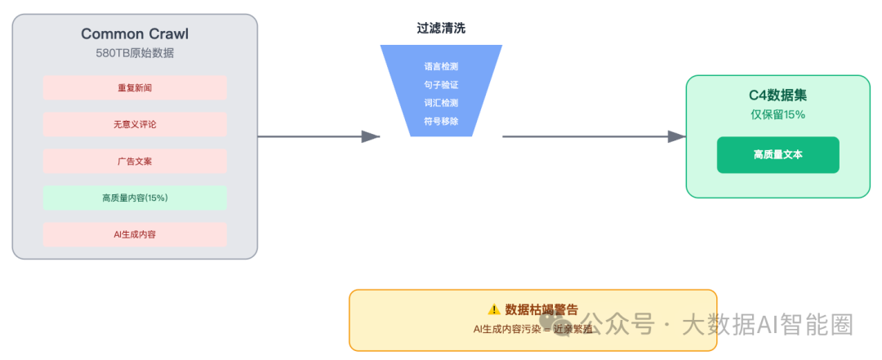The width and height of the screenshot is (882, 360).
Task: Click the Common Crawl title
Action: pyautogui.click(x=135, y=33)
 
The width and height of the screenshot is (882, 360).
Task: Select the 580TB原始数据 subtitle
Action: pyautogui.click(x=135, y=53)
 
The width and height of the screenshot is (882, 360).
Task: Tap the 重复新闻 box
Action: pyautogui.click(x=135, y=88)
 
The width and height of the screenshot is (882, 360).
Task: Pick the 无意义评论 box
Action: pyautogui.click(x=135, y=125)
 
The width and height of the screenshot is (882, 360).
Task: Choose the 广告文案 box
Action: pyautogui.click(x=135, y=162)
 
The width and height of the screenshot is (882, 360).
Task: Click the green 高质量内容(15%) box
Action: pyautogui.click(x=135, y=198)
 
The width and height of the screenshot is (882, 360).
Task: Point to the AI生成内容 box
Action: pyautogui.click(x=135, y=234)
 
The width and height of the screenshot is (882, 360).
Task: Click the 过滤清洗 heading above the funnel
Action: pyautogui.click(x=441, y=28)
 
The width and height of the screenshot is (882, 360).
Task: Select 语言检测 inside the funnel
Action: pyautogui.click(x=441, y=67)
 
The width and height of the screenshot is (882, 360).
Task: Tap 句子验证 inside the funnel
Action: pyautogui.click(x=441, y=85)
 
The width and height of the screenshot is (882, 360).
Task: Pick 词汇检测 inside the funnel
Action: pyautogui.click(x=441, y=103)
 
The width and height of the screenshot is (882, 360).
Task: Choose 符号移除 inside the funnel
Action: pyautogui.click(x=441, y=121)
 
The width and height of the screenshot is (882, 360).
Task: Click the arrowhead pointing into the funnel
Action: pyautogui.click(x=371, y=136)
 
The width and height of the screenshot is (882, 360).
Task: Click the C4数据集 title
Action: pyautogui.click(x=777, y=96)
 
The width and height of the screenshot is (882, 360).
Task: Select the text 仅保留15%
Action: pyautogui.click(x=777, y=114)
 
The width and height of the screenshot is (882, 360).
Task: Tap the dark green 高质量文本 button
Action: pyautogui.click(x=777, y=155)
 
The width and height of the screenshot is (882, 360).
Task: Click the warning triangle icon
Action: pyautogui.click(x=494, y=309)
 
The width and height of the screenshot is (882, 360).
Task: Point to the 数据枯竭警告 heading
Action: pyautogui.click(x=541, y=309)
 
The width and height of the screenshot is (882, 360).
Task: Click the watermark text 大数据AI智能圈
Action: pyautogui.click(x=768, y=325)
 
